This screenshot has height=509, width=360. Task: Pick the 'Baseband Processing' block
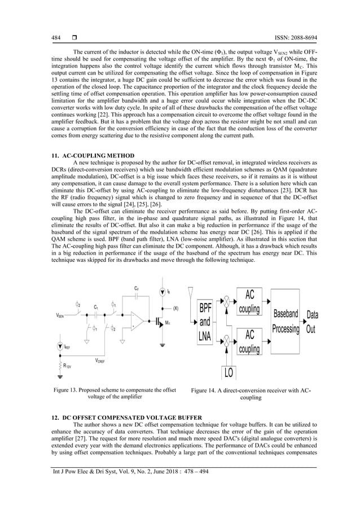click(286, 322)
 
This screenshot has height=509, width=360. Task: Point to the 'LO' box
click(229, 372)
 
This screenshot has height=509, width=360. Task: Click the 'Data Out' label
click(311, 322)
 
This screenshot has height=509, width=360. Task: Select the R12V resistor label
click(67, 366)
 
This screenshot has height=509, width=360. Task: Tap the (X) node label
click(175, 309)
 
